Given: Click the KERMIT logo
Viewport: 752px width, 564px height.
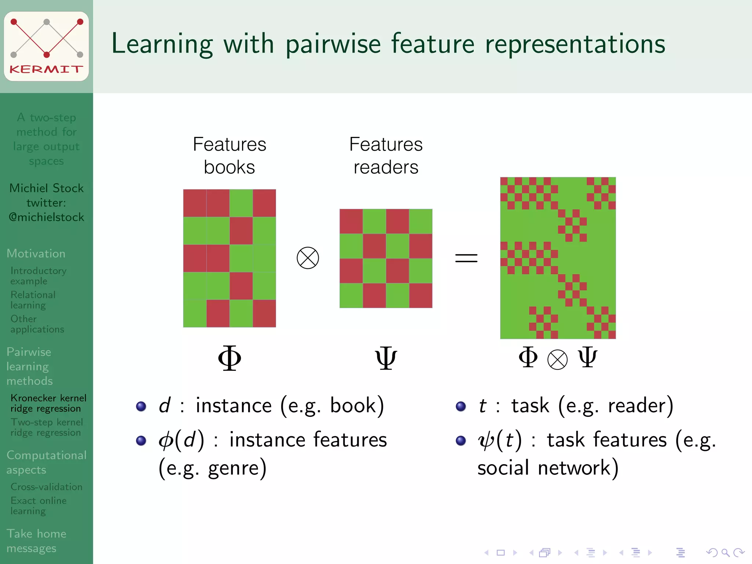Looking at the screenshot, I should pyautogui.click(x=46, y=46).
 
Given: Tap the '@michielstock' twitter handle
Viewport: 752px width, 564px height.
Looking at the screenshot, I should pyautogui.click(x=47, y=217).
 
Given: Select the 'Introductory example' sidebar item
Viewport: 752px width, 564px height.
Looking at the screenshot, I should pyautogui.click(x=38, y=276).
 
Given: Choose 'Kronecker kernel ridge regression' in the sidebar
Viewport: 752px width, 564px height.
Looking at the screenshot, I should pyautogui.click(x=48, y=403).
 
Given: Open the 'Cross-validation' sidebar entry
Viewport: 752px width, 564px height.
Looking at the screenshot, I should pyautogui.click(x=46, y=487).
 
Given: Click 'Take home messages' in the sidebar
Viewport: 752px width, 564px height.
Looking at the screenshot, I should pyautogui.click(x=36, y=540).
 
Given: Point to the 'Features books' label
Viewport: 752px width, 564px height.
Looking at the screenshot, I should pyautogui.click(x=229, y=156).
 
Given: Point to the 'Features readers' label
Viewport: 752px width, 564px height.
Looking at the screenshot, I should pyautogui.click(x=386, y=156).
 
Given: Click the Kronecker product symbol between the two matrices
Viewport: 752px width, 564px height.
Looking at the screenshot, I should pyautogui.click(x=308, y=258).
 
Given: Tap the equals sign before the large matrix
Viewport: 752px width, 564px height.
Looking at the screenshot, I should pyautogui.click(x=466, y=258).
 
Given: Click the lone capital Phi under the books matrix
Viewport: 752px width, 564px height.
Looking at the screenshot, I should pyautogui.click(x=229, y=358).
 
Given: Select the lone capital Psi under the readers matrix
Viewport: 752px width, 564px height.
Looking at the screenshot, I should pyautogui.click(x=386, y=358).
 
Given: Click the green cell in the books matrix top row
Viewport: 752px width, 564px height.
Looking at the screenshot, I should pyautogui.click(x=241, y=203).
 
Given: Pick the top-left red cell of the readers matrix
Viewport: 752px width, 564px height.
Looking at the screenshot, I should pyautogui.click(x=351, y=221).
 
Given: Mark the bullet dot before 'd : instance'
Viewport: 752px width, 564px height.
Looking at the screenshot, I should pyautogui.click(x=141, y=406).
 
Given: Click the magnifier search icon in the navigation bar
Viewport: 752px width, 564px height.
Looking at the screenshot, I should pyautogui.click(x=725, y=553).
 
